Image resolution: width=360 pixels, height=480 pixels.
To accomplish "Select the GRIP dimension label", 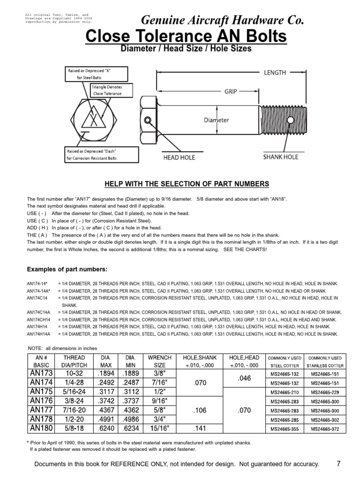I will coord(230,92).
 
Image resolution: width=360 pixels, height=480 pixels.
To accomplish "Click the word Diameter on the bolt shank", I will coord(216,120).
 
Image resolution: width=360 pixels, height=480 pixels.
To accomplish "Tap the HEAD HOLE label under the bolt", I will coord(178,157).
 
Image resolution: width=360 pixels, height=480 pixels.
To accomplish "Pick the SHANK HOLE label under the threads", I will coord(280,157).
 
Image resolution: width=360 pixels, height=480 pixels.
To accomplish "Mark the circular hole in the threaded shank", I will coord(291,120).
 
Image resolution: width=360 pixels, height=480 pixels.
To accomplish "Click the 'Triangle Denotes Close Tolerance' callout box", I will coord(106,90).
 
